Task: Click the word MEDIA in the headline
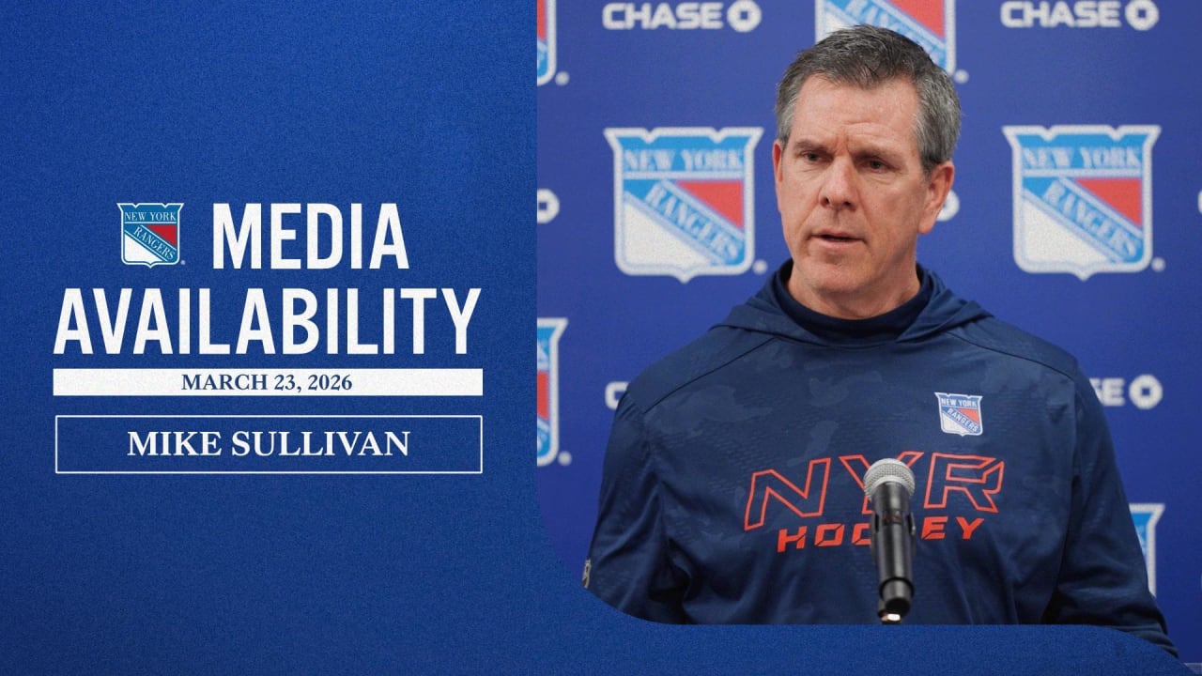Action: (310, 236)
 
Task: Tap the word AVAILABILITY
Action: (268, 321)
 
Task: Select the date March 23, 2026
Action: (268, 382)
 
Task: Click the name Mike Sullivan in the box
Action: (269, 444)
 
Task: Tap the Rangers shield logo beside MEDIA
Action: (150, 234)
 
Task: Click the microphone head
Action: (888, 481)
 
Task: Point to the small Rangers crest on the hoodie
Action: (959, 413)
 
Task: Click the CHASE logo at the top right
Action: (1078, 14)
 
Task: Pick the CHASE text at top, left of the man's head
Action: (681, 15)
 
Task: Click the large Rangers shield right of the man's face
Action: (1082, 197)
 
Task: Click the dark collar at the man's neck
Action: (845, 315)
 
